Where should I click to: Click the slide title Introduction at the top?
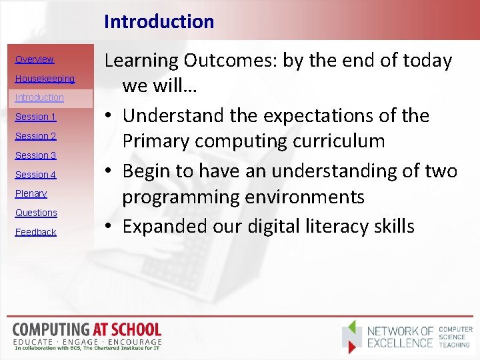coord(159,21)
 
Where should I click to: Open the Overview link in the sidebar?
coord(34,59)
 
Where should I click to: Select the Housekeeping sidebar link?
coord(45,79)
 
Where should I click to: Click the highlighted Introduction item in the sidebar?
coord(39,98)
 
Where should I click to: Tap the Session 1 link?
coord(35,117)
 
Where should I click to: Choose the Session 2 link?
coord(35,136)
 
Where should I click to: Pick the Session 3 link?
coord(35,155)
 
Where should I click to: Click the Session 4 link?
coord(35,175)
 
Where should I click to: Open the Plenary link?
coord(31,194)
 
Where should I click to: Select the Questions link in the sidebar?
coord(36,213)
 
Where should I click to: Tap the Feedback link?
coord(35,232)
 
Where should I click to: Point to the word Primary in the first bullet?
coord(161,142)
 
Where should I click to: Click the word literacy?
coord(337,227)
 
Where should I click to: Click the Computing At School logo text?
coord(87,330)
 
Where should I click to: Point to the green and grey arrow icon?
coord(353,336)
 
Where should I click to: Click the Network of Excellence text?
coord(400,337)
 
